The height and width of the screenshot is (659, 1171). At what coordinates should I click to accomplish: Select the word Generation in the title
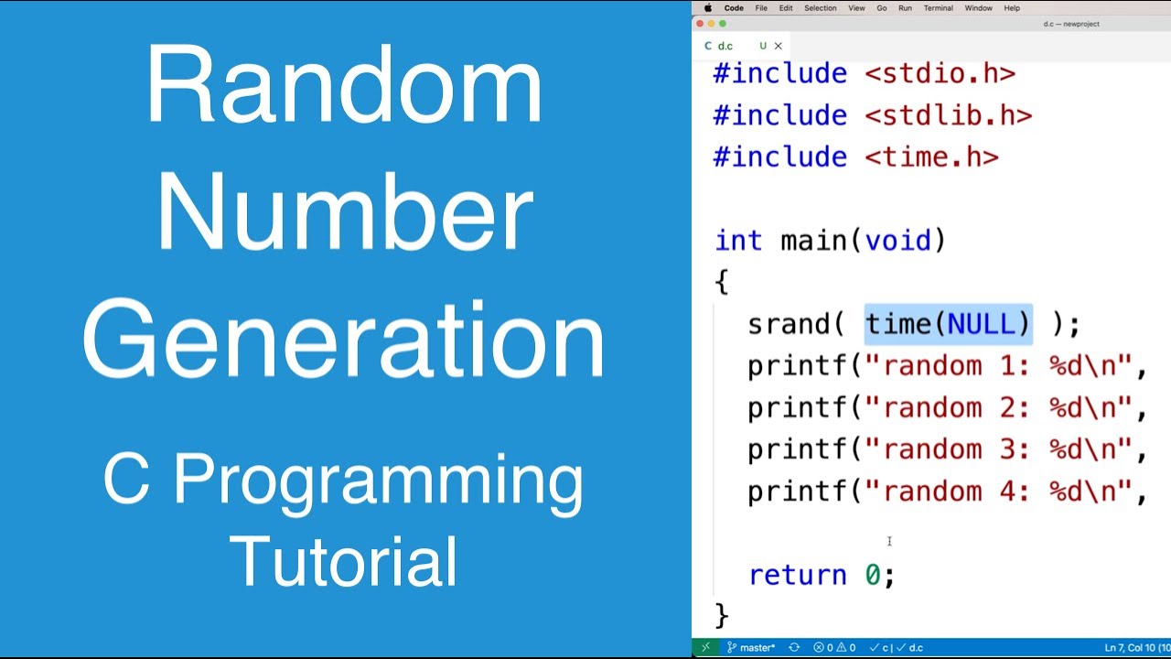point(344,340)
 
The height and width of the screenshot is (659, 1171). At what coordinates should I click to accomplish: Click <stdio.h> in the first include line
point(940,73)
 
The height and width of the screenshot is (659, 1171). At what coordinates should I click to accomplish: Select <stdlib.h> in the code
point(948,115)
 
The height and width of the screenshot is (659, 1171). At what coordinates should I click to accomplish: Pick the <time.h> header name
point(931,157)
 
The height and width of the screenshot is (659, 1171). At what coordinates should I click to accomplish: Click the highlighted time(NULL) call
point(948,324)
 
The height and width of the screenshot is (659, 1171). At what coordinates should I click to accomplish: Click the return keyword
point(798,575)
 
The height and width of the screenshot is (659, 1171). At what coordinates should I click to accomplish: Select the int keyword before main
point(737,241)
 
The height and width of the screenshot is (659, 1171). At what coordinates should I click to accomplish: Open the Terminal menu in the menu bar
point(938,8)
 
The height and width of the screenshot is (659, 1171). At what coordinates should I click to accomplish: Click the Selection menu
point(820,8)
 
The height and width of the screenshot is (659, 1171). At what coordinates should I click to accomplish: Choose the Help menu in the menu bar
point(1012,8)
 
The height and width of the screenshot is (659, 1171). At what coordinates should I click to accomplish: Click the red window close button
point(700,24)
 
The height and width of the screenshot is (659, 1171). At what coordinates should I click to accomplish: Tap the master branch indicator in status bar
point(751,648)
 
